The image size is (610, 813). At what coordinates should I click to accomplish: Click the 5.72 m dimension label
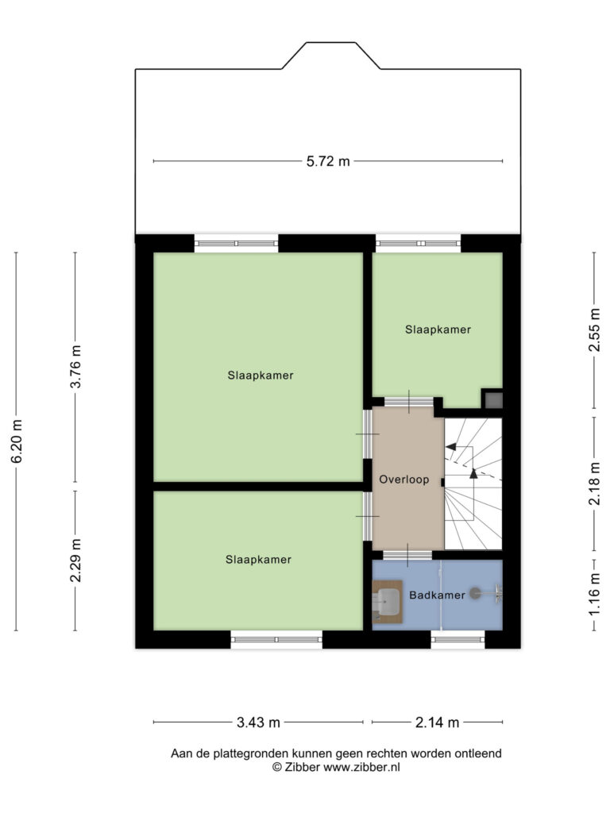tap(328, 161)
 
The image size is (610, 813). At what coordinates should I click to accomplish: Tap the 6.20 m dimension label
tap(17, 441)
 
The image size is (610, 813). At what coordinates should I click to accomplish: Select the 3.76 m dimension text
tap(75, 366)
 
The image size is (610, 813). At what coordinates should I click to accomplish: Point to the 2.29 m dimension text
tap(75, 560)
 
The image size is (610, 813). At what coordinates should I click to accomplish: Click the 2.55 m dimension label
tap(594, 329)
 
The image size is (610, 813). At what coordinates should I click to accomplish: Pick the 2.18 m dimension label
tap(594, 484)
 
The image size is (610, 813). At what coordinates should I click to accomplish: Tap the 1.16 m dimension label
tap(594, 595)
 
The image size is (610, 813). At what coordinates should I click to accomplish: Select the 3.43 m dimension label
tap(258, 722)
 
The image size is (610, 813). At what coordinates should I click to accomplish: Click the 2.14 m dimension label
tap(438, 722)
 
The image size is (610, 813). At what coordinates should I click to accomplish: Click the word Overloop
tap(404, 480)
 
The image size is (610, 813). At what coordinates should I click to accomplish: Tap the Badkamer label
tap(438, 595)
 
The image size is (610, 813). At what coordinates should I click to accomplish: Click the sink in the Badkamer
tap(388, 602)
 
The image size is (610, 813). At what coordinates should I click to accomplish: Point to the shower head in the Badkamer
tap(475, 592)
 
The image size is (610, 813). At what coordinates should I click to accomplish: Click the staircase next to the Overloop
tap(473, 484)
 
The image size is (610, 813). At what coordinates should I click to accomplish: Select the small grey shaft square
tap(493, 400)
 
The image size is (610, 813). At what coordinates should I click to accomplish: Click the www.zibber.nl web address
tap(361, 768)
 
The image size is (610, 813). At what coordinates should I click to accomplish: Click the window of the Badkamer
tap(458, 639)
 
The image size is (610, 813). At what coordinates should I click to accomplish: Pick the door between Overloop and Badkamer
tap(407, 555)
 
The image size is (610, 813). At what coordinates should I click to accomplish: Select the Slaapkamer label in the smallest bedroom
tap(438, 329)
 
